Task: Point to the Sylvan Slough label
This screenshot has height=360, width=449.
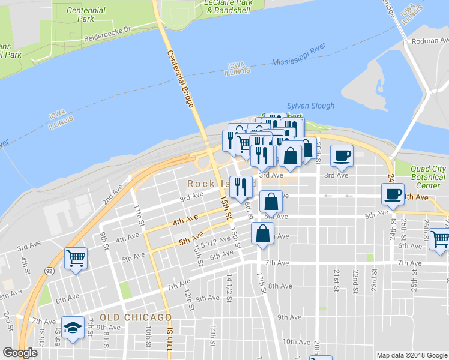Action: pyautogui.click(x=310, y=106)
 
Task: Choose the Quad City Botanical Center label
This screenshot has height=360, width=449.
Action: pyautogui.click(x=429, y=177)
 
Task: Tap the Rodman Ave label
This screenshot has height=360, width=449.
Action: pyautogui.click(x=427, y=41)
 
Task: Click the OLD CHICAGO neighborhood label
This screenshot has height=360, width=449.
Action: pyautogui.click(x=136, y=317)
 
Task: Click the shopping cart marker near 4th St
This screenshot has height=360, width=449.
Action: pyautogui.click(x=76, y=259)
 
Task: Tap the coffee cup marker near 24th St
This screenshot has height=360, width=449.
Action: pyautogui.click(x=393, y=194)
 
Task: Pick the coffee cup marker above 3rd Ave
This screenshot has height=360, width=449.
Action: pyautogui.click(x=342, y=155)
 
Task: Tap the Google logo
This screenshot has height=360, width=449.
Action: pyautogui.click(x=20, y=353)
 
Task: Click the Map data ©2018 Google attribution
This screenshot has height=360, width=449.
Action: pyautogui.click(x=411, y=355)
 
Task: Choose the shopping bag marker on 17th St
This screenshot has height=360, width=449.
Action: pyautogui.click(x=263, y=234)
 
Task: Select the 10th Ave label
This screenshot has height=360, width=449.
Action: pyautogui.click(x=297, y=341)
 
